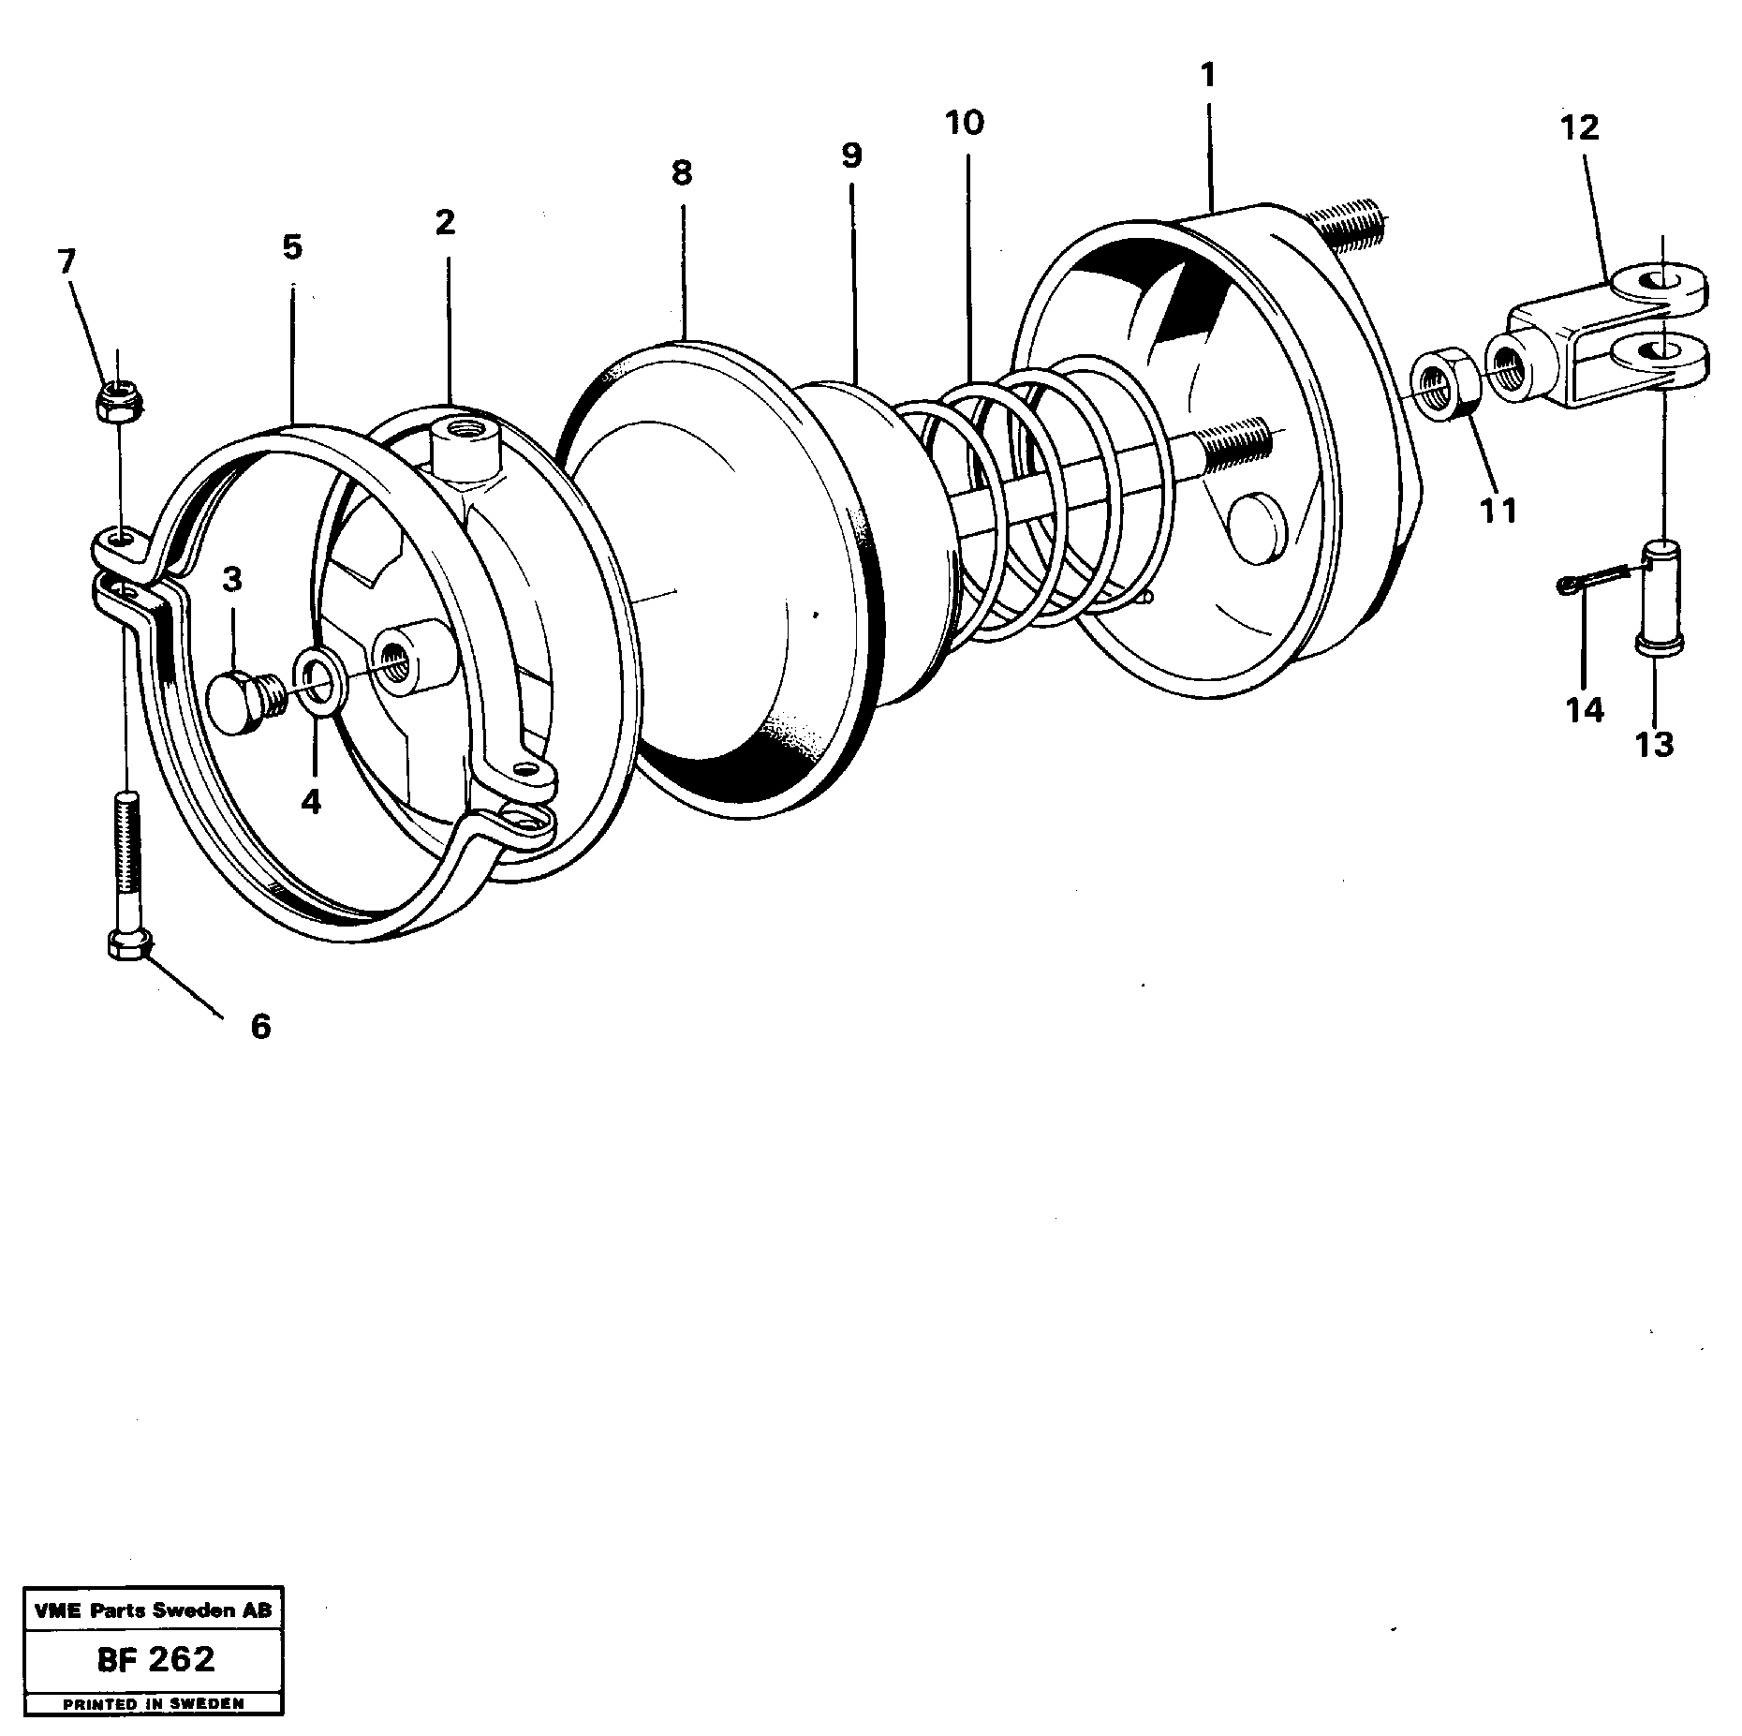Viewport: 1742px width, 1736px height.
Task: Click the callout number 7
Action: (x=66, y=261)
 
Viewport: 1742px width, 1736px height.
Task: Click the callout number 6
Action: (x=259, y=1026)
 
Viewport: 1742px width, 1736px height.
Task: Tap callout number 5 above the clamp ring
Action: (x=292, y=247)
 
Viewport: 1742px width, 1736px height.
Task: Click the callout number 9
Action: (x=850, y=156)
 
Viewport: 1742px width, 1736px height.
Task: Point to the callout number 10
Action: (x=965, y=123)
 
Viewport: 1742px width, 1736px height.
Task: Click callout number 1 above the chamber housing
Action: (x=1207, y=74)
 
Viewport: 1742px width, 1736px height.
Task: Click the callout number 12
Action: (x=1580, y=127)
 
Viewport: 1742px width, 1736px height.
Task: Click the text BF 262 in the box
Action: (x=155, y=1659)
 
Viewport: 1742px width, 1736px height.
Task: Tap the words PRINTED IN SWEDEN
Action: (x=153, y=1704)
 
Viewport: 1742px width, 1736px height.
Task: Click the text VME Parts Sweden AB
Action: (x=153, y=1610)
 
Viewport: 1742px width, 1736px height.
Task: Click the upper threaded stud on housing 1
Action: (x=1344, y=228)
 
